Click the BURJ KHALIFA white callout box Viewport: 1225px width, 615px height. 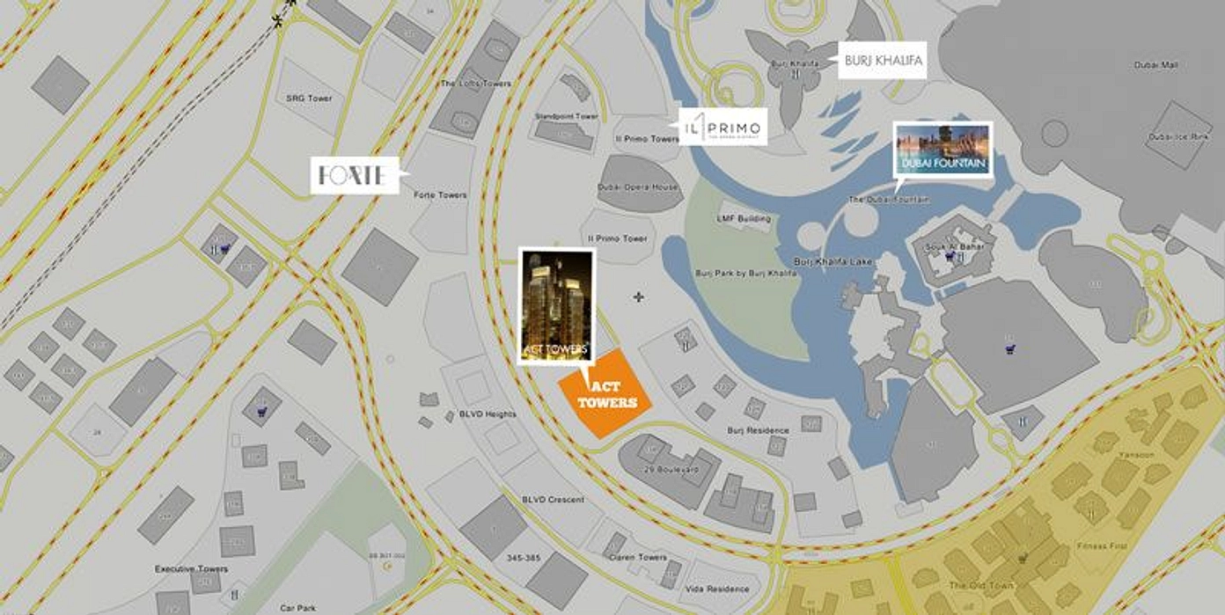point(882,62)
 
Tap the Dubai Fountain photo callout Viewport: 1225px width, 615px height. point(943,150)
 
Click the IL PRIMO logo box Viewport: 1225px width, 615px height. point(723,127)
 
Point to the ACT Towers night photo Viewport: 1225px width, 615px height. point(557,305)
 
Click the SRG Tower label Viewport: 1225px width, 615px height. point(309,99)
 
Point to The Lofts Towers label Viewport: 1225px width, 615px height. point(476,84)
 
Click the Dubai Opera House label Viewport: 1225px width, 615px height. point(638,187)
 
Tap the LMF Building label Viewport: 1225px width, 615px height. point(744,218)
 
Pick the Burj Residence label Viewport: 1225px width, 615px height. point(758,430)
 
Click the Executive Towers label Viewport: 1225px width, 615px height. point(191,569)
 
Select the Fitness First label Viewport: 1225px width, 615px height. point(1101,546)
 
